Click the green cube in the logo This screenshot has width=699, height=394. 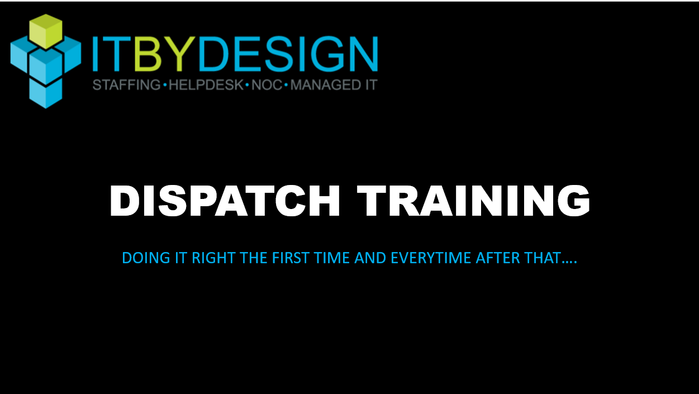[x=46, y=31]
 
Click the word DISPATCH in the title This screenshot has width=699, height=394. [x=225, y=201]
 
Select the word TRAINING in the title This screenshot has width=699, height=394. [x=474, y=201]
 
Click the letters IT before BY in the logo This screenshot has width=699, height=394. [x=112, y=54]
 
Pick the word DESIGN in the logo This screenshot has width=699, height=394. [x=288, y=54]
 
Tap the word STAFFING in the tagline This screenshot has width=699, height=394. [x=127, y=85]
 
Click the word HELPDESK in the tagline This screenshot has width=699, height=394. [x=206, y=85]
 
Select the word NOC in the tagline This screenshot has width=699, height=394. [x=267, y=85]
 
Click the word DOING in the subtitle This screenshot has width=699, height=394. [x=146, y=258]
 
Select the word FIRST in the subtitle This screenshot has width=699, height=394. [x=291, y=258]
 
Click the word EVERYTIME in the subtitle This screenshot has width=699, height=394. [x=431, y=258]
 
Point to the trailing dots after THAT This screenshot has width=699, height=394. [x=569, y=263]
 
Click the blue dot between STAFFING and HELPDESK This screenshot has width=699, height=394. [x=165, y=85]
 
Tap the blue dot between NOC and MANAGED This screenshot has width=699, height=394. [x=286, y=85]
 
